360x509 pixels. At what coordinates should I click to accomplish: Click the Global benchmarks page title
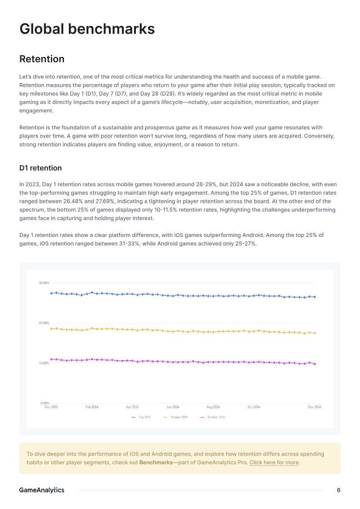click(87, 29)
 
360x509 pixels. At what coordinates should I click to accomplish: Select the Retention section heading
click(42, 59)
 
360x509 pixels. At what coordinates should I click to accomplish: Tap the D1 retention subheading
click(40, 168)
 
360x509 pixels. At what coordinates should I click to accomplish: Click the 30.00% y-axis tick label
click(44, 283)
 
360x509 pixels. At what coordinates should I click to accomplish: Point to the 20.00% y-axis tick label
click(44, 323)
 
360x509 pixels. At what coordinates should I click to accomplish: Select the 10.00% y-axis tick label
click(44, 363)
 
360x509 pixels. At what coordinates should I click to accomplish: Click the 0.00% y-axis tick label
click(45, 403)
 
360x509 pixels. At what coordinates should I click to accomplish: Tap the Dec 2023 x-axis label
click(51, 407)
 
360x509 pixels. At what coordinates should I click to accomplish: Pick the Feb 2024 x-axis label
click(92, 407)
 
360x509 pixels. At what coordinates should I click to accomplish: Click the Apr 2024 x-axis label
click(132, 407)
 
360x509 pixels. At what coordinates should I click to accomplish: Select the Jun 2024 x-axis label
click(173, 407)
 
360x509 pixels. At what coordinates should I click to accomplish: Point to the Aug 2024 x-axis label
click(213, 407)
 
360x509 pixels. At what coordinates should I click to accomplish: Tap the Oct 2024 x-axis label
click(254, 407)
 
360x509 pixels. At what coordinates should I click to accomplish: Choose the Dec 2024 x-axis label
click(315, 407)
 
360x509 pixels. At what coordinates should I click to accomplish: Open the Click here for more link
click(274, 462)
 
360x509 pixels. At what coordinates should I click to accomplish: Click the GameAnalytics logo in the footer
click(42, 490)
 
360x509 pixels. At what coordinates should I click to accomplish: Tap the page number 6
click(338, 490)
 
